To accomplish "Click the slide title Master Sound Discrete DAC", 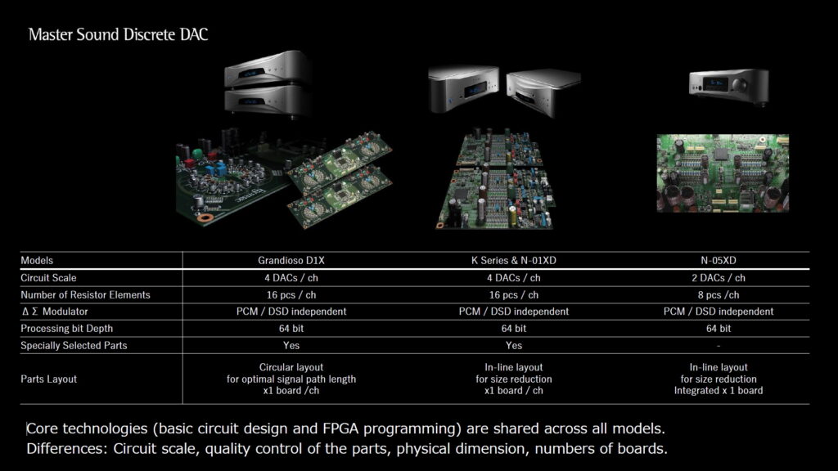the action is click(118, 34).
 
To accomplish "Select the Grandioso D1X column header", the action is click(291, 261).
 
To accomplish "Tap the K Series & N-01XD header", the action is click(514, 261).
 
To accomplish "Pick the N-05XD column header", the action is click(719, 261).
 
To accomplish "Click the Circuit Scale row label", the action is click(48, 278).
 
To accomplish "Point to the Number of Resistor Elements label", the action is click(85, 294).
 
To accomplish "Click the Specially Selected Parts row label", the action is click(74, 346).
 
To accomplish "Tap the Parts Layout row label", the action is click(48, 379).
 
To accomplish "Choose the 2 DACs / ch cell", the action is click(719, 278).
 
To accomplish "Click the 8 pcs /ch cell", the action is click(719, 294).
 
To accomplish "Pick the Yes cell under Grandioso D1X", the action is click(291, 346).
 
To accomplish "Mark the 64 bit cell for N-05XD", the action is click(719, 329).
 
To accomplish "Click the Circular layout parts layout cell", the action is click(291, 379).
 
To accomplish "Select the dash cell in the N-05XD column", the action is click(719, 346).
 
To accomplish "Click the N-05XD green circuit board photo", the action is click(723, 173).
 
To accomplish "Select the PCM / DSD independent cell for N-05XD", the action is click(719, 312).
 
